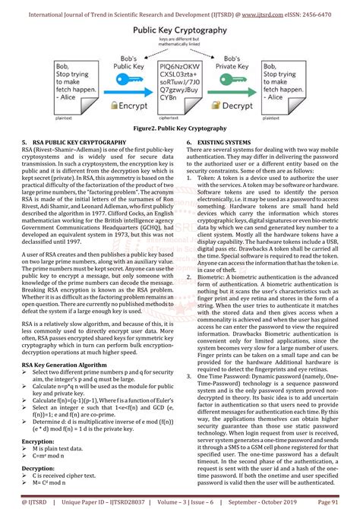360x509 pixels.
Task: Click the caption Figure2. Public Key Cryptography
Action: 180,129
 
